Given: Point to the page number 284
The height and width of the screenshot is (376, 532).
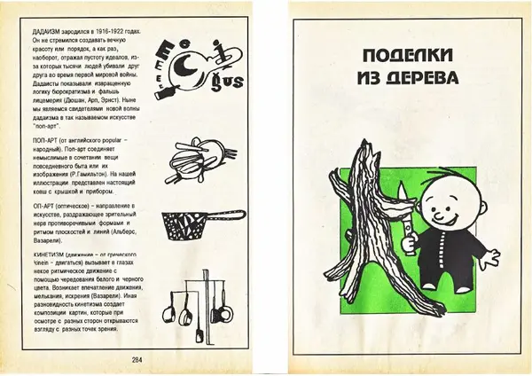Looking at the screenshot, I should click(x=137, y=358).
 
